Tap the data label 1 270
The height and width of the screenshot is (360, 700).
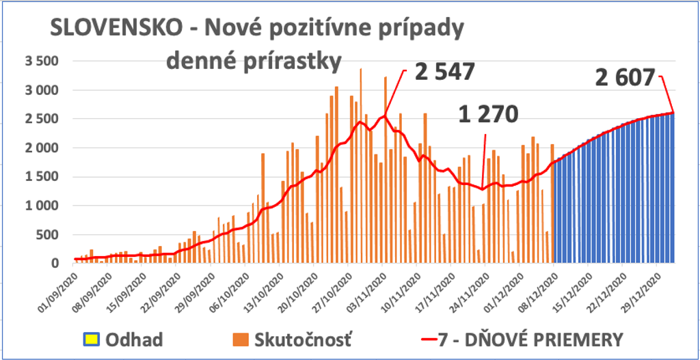488,114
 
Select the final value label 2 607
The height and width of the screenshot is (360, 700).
626,77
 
